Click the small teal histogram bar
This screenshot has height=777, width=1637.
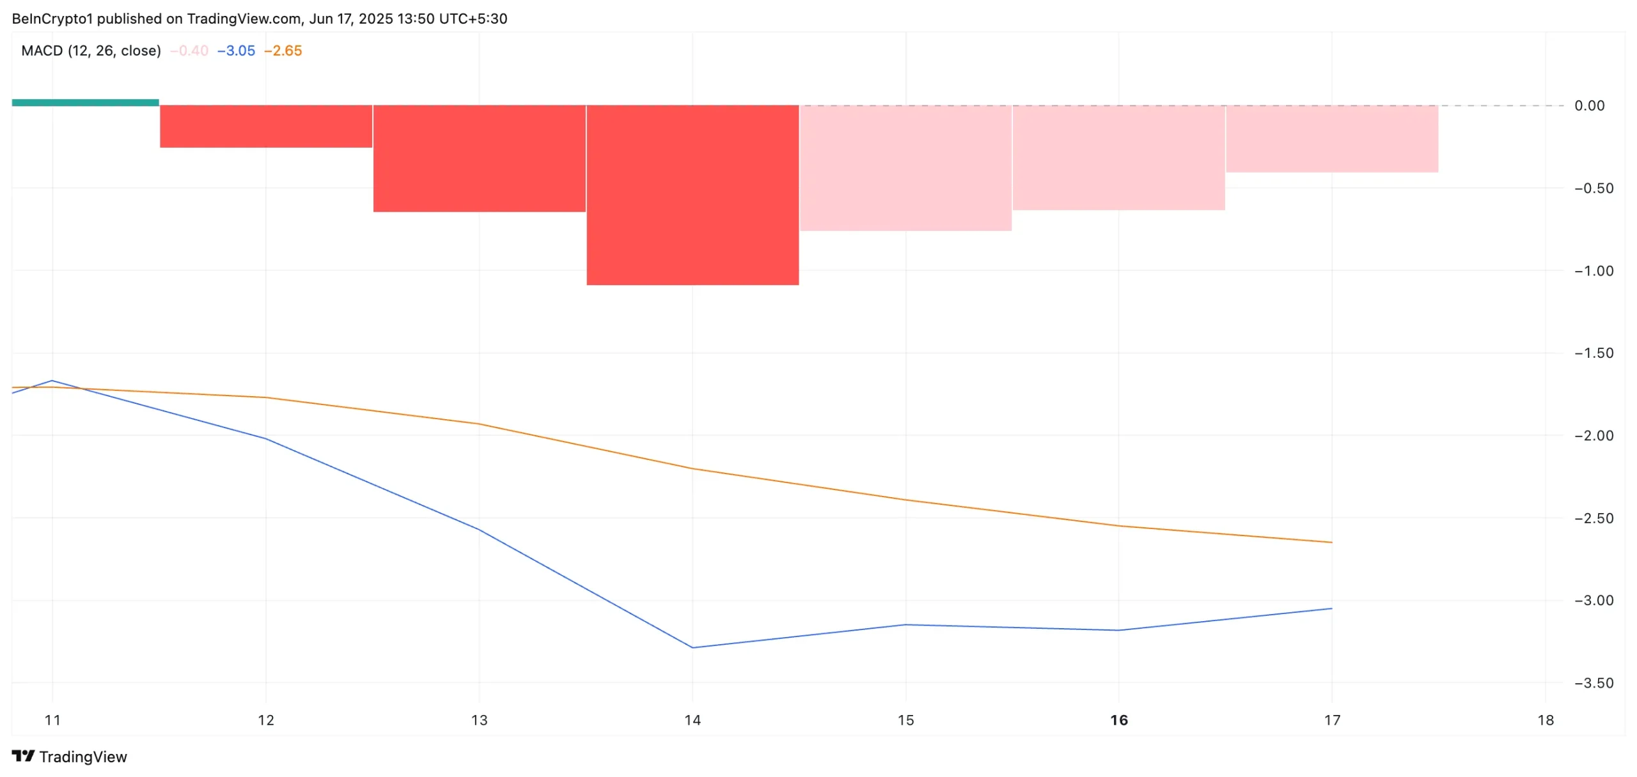(85, 102)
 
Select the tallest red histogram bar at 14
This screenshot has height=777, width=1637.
(693, 195)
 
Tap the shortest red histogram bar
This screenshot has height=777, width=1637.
(266, 127)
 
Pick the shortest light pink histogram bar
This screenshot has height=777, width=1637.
(1332, 139)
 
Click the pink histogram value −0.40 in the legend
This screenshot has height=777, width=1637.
(190, 51)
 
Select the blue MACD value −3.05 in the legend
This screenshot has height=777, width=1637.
(237, 51)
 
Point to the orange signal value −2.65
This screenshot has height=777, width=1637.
(283, 51)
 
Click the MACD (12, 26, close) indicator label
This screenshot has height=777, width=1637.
(91, 51)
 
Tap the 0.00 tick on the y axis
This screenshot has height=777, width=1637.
(1589, 106)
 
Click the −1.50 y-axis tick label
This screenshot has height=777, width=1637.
(1594, 353)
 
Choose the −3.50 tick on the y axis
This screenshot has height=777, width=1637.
(1594, 683)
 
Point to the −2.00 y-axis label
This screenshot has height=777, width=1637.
(1594, 436)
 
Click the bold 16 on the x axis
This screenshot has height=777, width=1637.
(1119, 720)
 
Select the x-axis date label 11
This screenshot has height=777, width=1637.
(52, 720)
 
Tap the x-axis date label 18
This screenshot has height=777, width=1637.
(1546, 720)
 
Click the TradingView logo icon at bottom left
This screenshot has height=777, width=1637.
(24, 757)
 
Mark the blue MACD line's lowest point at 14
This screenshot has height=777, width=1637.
(693, 647)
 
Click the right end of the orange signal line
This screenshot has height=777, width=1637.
(1331, 542)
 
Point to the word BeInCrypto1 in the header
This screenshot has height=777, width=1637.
(52, 19)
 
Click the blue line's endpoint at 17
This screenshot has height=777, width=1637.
(1331, 608)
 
